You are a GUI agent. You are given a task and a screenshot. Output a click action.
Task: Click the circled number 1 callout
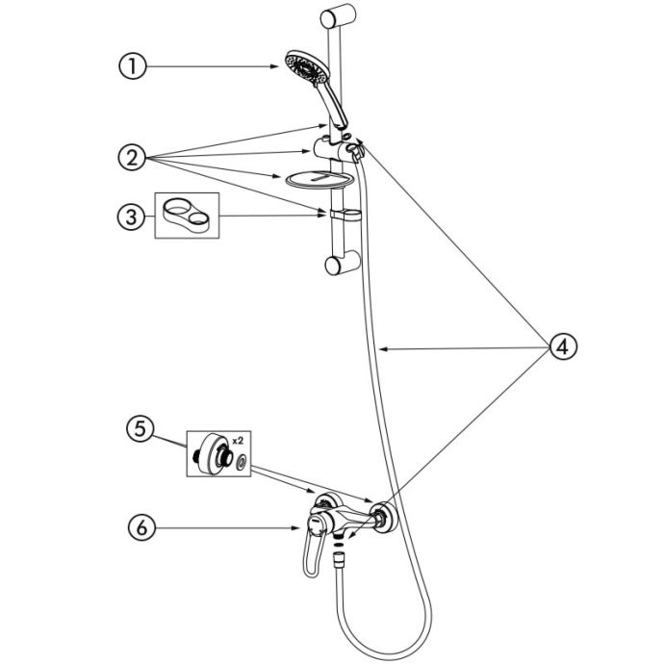click(132, 66)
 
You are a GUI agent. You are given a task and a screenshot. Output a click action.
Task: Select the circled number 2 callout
click(132, 157)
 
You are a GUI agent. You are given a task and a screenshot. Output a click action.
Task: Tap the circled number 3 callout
click(131, 217)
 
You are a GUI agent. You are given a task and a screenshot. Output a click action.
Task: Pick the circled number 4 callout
click(563, 347)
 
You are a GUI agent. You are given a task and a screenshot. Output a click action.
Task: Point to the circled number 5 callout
click(140, 428)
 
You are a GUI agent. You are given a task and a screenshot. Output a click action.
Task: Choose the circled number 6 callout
click(141, 527)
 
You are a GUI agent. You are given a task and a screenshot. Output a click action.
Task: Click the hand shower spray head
click(307, 68)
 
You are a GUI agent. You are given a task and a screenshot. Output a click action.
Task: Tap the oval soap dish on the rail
click(319, 180)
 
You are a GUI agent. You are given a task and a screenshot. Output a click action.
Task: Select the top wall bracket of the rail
click(338, 16)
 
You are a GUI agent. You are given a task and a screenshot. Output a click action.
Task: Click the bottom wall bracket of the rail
click(343, 263)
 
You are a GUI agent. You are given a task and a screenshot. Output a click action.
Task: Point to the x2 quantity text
click(238, 441)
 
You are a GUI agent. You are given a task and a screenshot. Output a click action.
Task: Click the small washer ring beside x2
click(243, 461)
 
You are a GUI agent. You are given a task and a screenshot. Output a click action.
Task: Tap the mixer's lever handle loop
click(314, 553)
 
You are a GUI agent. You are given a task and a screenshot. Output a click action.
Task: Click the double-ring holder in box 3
click(186, 216)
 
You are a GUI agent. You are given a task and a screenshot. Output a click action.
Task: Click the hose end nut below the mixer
click(339, 559)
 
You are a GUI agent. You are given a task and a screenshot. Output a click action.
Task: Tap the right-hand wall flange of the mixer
click(385, 517)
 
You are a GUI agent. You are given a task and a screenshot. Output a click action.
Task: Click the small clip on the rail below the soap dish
click(345, 215)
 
